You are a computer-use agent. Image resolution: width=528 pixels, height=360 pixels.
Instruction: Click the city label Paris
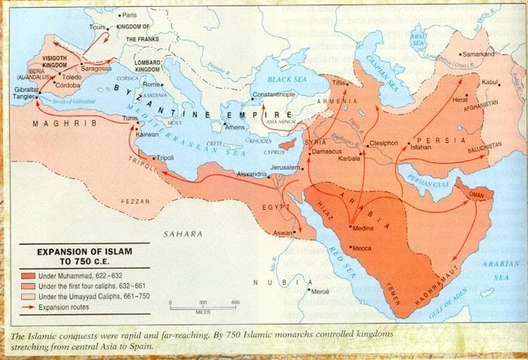pos(130,15)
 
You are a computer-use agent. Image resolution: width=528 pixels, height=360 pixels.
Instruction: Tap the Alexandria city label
pos(253,174)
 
